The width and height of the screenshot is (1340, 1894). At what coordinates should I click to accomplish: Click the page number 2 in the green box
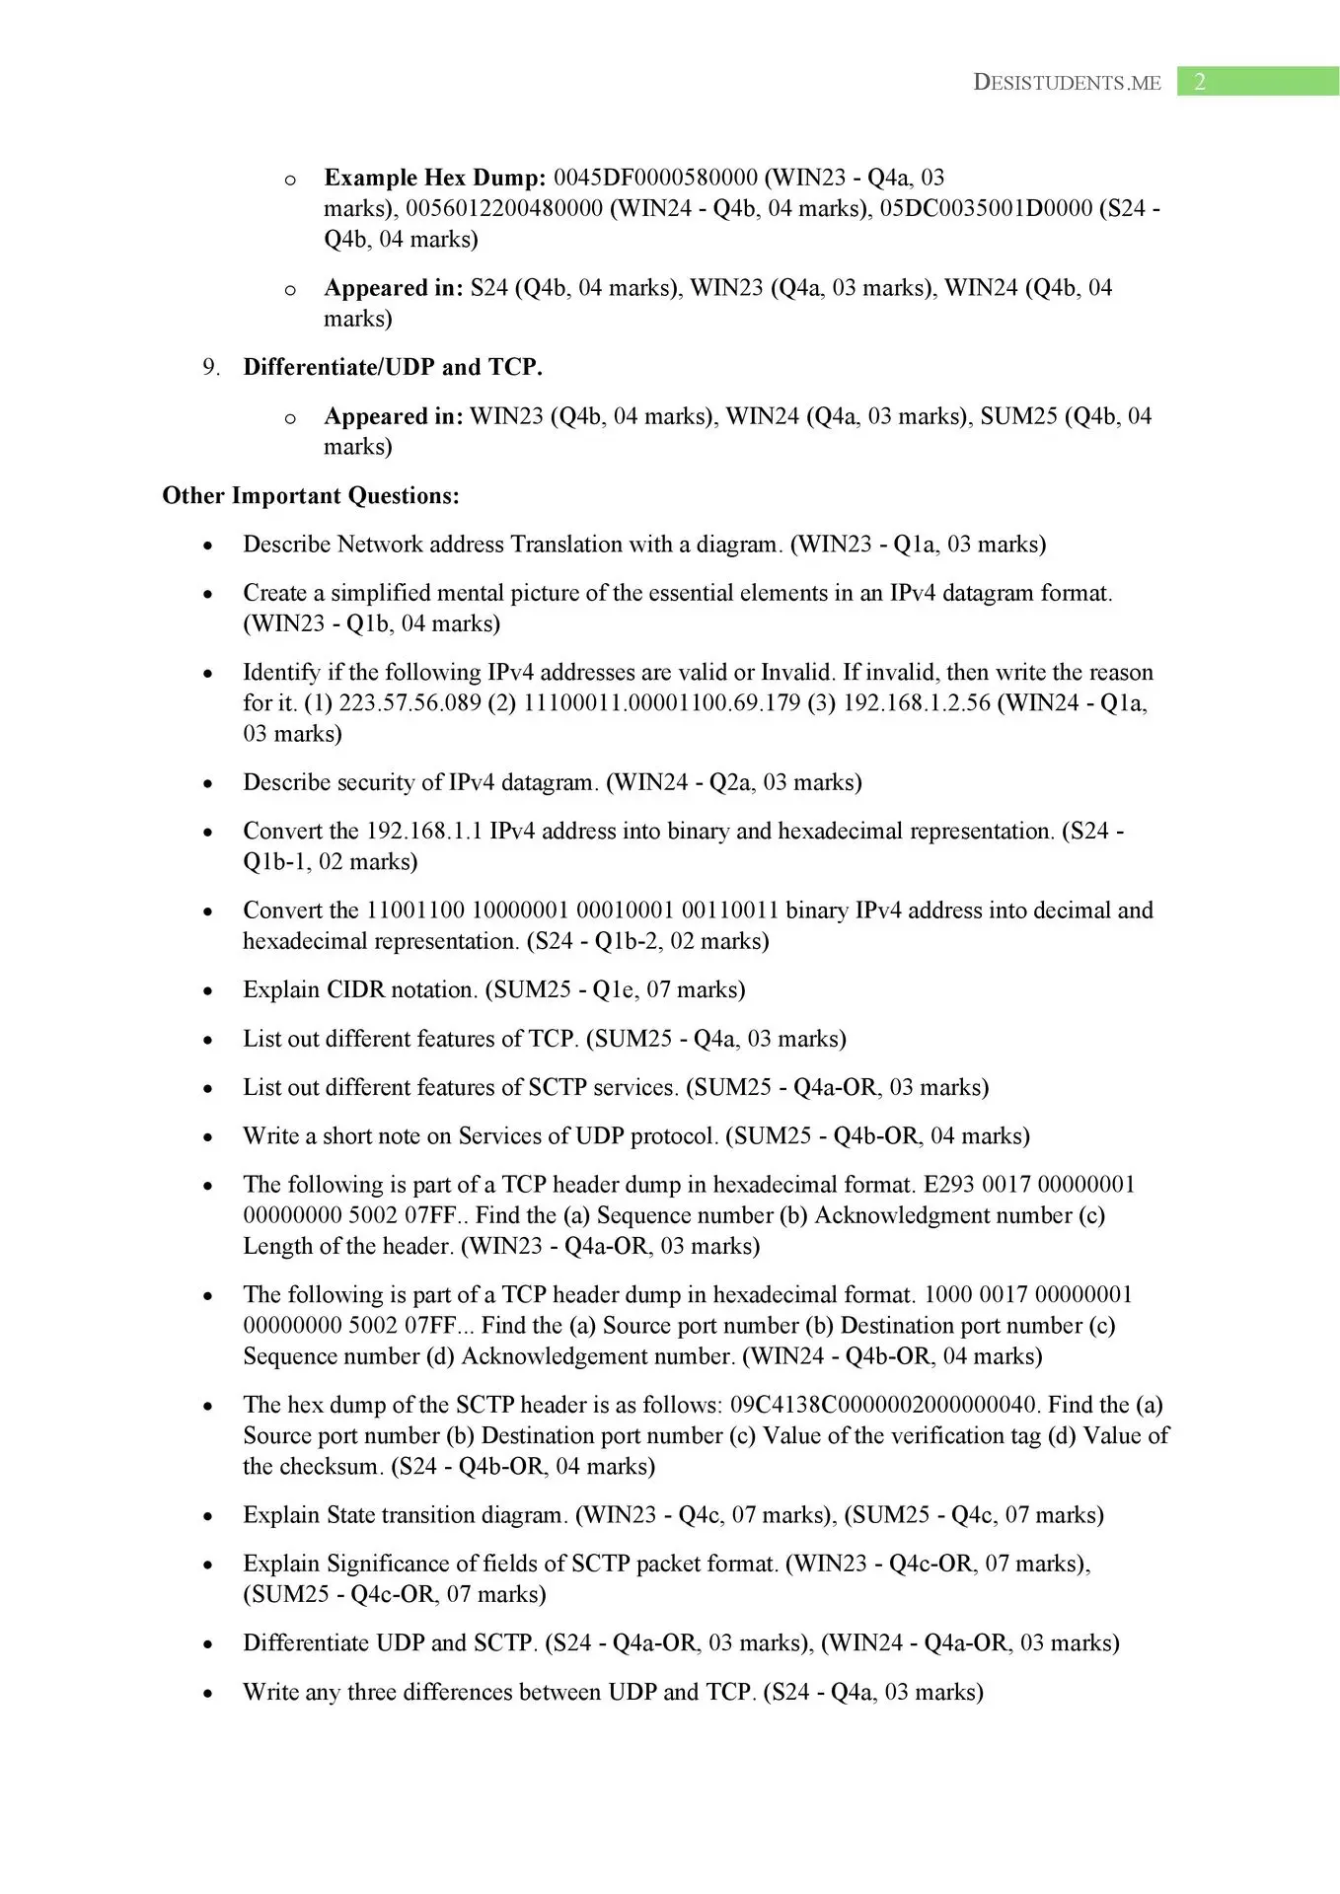1199,82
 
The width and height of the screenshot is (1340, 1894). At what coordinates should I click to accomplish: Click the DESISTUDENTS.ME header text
1067,83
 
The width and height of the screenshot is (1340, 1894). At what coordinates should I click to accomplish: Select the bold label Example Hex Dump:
434,178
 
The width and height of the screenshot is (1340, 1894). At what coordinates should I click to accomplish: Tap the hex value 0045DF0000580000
655,178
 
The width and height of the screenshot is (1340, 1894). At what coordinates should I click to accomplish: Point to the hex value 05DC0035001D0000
986,208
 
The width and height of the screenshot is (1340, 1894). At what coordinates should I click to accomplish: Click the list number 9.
211,367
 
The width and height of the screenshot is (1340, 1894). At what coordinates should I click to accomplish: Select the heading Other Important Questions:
311,495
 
